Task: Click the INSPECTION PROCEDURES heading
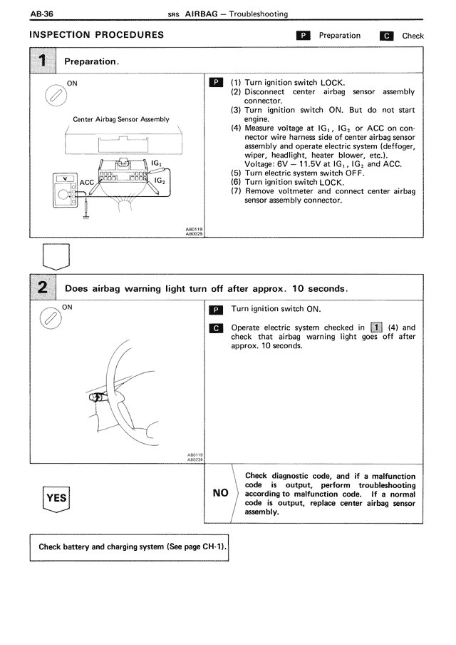coord(97,35)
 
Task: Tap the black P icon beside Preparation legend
coord(303,36)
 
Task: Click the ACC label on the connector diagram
coord(87,183)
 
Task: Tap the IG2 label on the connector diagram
coord(160,181)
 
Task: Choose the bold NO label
coord(220,492)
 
